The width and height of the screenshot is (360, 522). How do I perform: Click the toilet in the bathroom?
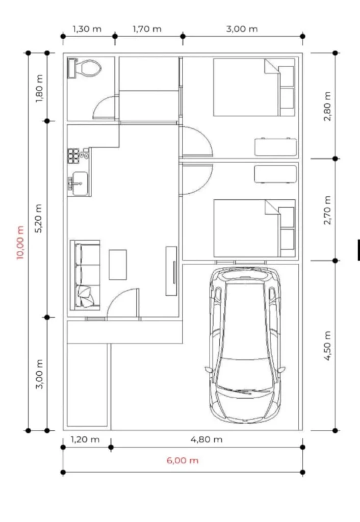tap(85, 68)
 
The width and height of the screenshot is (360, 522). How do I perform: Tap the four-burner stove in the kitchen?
tap(73, 156)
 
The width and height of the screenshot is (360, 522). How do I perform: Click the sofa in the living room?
tap(85, 275)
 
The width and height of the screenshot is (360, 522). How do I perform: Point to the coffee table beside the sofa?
tap(118, 265)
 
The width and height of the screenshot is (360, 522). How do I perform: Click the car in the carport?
tap(245, 345)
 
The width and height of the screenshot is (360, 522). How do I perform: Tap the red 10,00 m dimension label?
tap(20, 242)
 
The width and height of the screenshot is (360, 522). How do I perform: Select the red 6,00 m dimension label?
tap(183, 460)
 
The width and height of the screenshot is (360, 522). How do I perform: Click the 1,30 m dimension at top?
tap(87, 29)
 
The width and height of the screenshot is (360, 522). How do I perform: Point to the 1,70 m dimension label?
tap(147, 29)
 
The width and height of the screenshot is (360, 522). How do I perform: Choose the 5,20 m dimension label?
tap(39, 218)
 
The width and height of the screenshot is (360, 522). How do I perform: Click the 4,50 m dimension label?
tap(327, 346)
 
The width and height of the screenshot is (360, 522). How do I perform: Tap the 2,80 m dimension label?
tap(327, 106)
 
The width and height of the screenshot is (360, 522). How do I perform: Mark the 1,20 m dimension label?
tap(85, 439)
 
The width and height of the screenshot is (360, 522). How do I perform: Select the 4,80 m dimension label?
tap(207, 439)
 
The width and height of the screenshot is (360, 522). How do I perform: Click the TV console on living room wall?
tap(171, 271)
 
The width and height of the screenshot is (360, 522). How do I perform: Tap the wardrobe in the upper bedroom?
tap(275, 147)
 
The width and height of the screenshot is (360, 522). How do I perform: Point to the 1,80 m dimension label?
tap(39, 88)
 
